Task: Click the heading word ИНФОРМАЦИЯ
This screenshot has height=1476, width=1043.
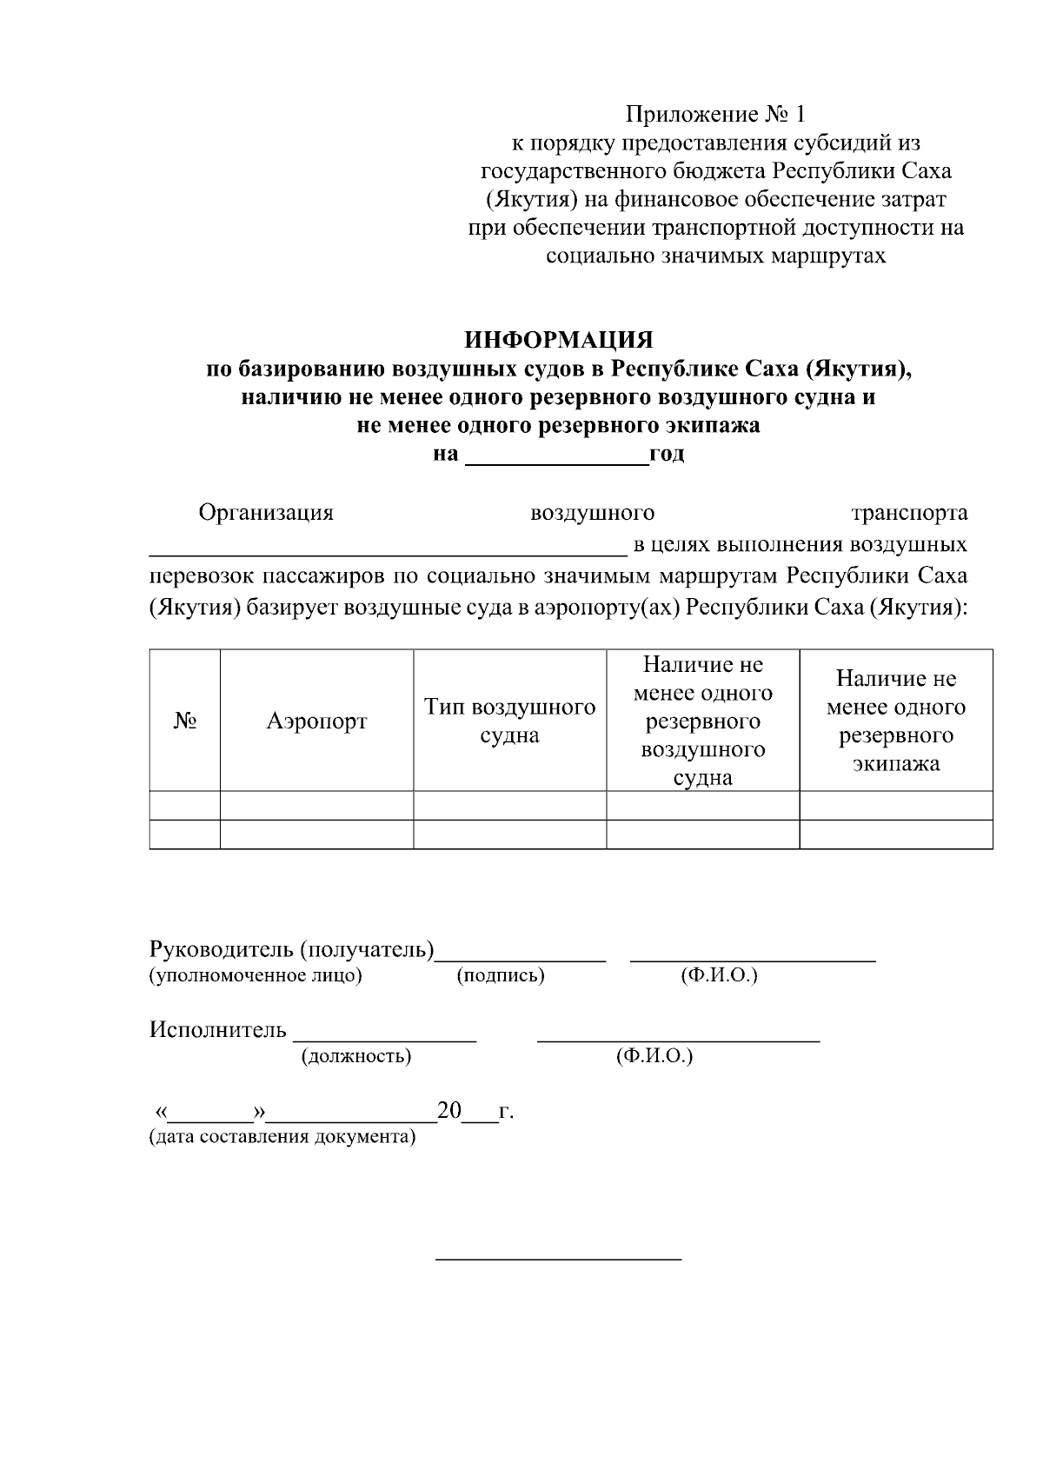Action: coord(558,339)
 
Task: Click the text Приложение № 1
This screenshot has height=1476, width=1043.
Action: coord(717,114)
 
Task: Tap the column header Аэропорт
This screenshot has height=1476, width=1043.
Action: coord(316,721)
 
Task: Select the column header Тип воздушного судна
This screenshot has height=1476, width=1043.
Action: coord(509,721)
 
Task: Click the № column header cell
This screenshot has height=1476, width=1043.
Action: coord(184,721)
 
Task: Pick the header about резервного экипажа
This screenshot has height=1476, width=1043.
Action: coord(895,721)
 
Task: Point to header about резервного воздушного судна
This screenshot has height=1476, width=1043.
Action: coord(702,721)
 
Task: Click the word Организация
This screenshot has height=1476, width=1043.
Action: coord(266,512)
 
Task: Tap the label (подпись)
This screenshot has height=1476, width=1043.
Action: coord(501,975)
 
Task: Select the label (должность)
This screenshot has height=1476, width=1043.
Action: coord(355,1057)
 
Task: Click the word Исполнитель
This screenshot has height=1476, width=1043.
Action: coord(217,1031)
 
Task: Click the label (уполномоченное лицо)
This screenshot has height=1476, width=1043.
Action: coord(256,975)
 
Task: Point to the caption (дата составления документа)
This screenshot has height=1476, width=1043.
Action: coord(282,1137)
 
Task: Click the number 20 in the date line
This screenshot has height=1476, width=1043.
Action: coord(449,1111)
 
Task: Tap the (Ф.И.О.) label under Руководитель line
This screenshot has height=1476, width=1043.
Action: coord(719,975)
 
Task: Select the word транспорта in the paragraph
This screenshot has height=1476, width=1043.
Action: coord(909,512)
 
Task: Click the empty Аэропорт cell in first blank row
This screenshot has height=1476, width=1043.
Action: coord(316,805)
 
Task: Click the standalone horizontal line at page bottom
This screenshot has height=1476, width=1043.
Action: coord(558,1259)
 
